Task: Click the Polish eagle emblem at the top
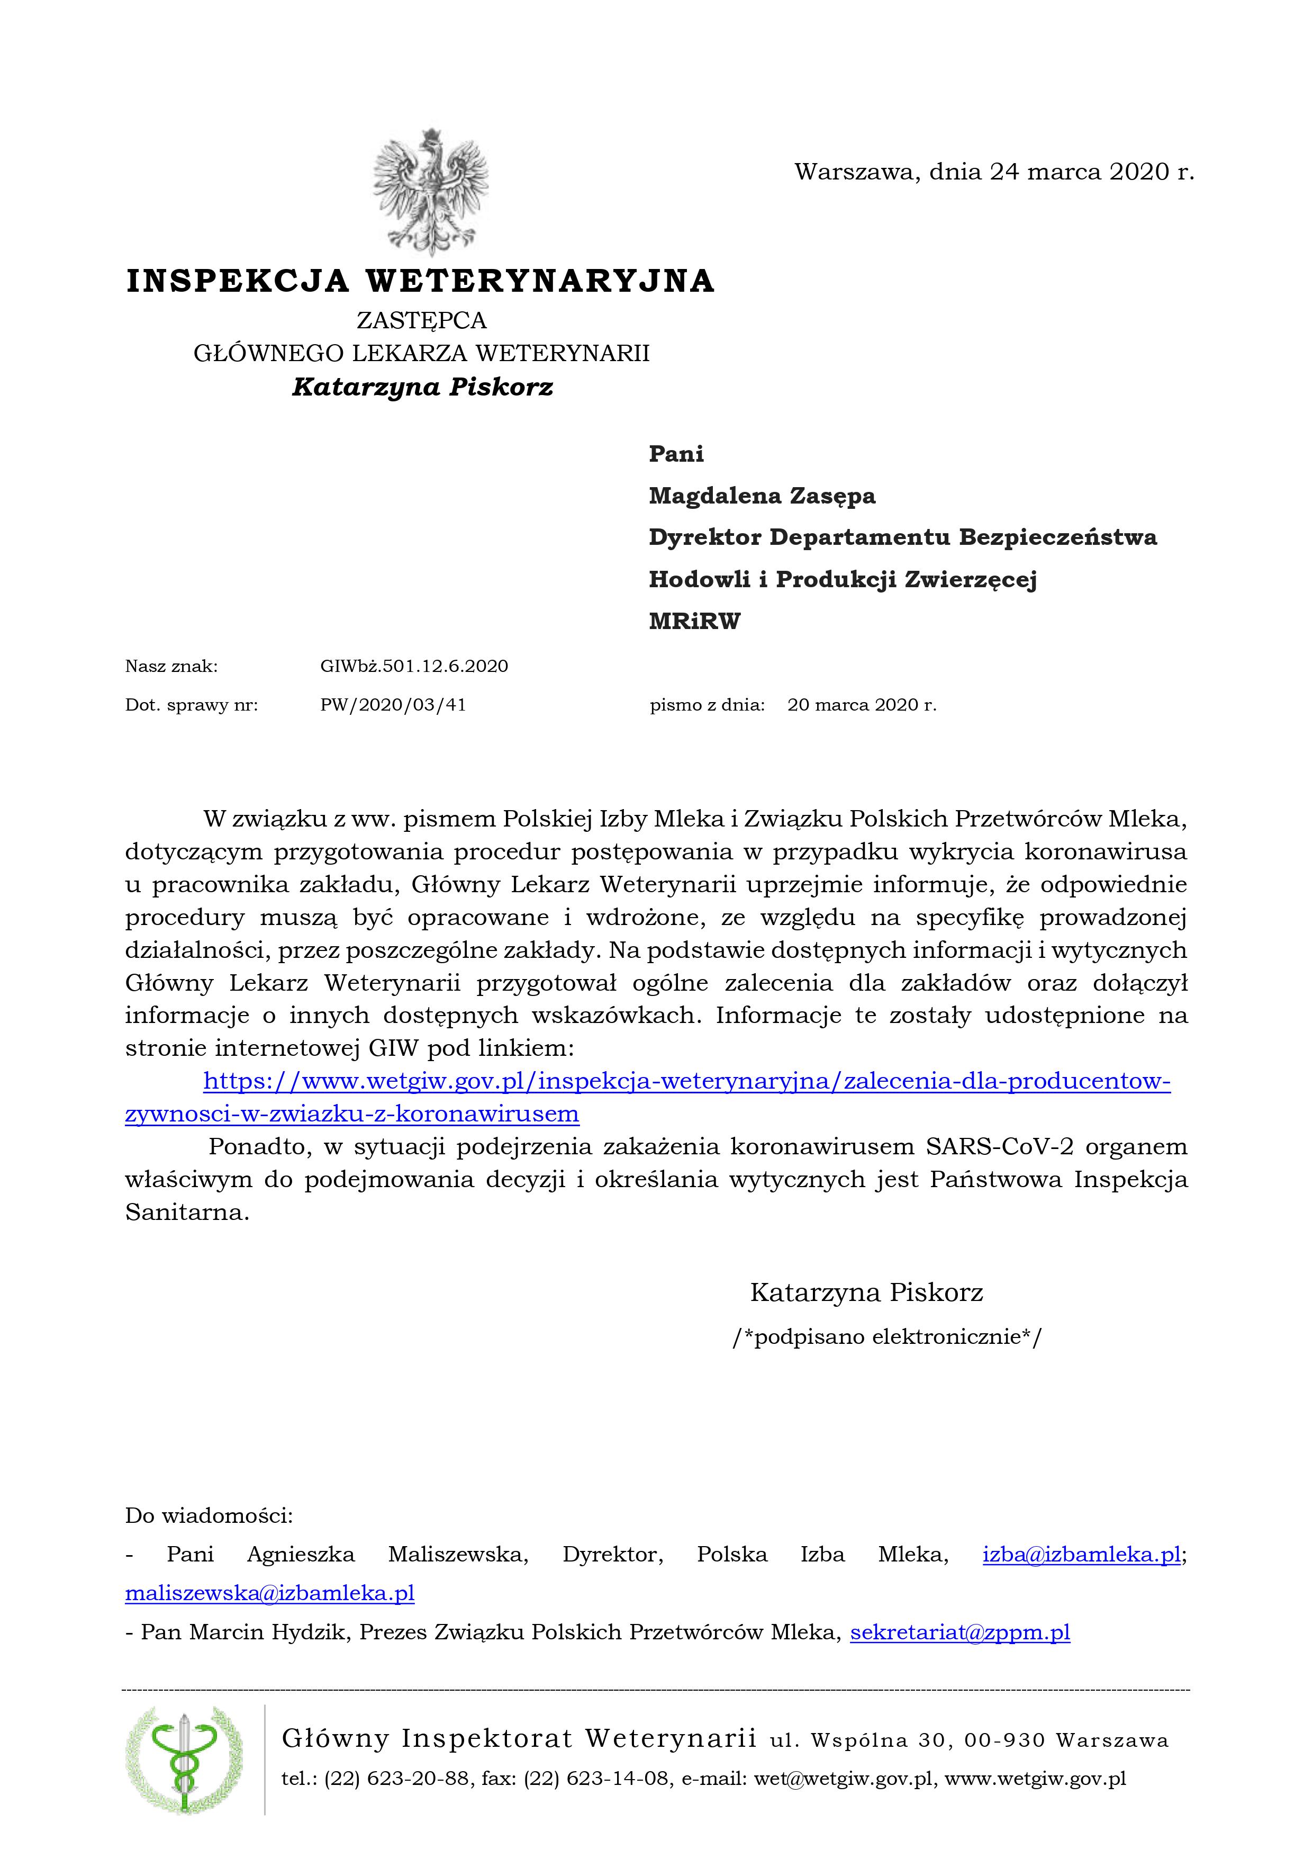point(430,193)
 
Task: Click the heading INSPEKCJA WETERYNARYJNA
point(421,281)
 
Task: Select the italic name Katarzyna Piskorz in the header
point(422,387)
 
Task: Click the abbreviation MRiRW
point(694,622)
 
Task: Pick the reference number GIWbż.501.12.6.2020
point(414,666)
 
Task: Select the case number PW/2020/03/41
point(393,704)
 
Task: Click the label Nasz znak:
point(171,666)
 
